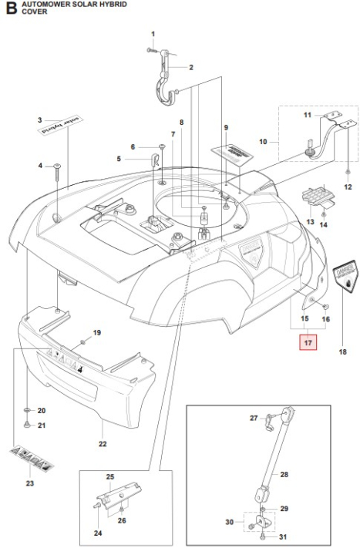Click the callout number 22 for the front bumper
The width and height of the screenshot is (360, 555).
tap(103, 443)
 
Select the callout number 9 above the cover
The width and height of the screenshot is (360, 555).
tap(227, 126)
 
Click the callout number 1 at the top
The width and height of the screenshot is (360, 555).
tap(153, 34)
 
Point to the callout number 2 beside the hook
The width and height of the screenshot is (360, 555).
tap(190, 67)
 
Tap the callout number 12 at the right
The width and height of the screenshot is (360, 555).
tap(347, 187)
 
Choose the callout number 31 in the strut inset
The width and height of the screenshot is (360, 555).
tap(283, 536)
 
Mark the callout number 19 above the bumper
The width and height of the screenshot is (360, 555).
tap(97, 332)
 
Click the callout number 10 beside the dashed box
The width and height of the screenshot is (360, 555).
tap(263, 142)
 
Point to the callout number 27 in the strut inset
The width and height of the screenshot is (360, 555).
tap(254, 418)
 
